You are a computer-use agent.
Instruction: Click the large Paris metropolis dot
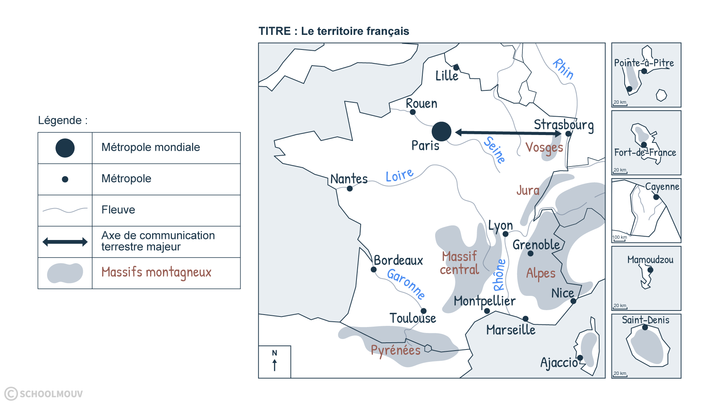click(x=442, y=132)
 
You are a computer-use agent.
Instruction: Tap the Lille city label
click(x=447, y=76)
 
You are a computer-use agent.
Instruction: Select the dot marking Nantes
click(x=350, y=189)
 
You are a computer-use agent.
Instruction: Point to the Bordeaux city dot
click(x=373, y=270)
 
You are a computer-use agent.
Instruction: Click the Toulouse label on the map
click(x=413, y=318)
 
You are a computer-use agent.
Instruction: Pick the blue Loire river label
click(x=400, y=175)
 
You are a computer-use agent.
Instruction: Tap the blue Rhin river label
click(x=563, y=69)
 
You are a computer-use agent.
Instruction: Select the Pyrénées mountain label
click(x=396, y=350)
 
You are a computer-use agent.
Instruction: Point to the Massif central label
click(x=459, y=263)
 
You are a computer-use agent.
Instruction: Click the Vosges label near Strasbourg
click(x=544, y=148)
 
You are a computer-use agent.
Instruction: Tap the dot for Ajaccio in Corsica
click(x=580, y=358)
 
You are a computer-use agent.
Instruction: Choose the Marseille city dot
click(x=525, y=319)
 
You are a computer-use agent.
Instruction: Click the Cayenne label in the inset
click(x=662, y=187)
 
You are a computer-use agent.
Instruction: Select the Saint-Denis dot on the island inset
click(x=645, y=327)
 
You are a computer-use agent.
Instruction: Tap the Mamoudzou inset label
click(x=650, y=260)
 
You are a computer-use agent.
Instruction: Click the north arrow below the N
click(x=274, y=365)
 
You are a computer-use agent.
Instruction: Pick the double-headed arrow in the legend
click(x=65, y=242)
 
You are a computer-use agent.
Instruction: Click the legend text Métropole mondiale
click(x=151, y=147)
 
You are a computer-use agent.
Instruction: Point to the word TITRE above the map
click(x=274, y=31)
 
